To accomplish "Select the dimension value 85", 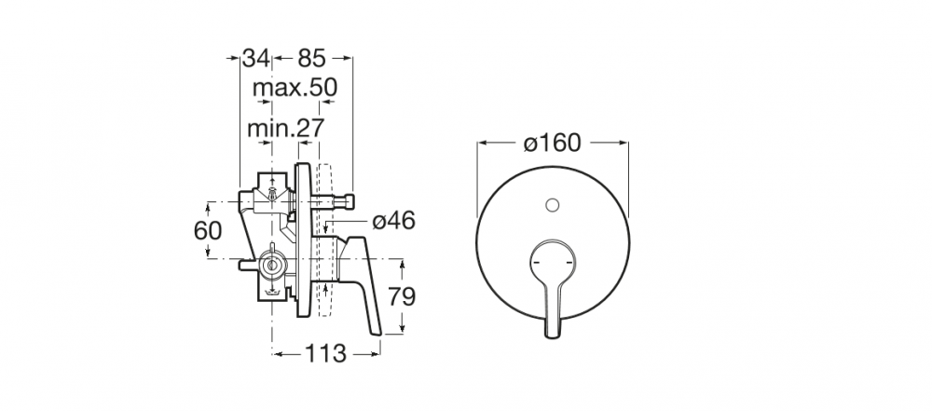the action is point(312,59).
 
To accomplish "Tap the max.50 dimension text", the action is point(295,88).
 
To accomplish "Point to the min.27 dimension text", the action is point(286,128).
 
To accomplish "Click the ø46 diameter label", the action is point(393,221).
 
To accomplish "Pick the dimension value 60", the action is point(208,231).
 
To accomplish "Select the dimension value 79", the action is point(402,296).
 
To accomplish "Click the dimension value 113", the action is point(325,354).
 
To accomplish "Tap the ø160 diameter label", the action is point(552,143).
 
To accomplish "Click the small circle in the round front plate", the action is point(552,205).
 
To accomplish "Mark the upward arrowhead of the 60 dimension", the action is point(208,206).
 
